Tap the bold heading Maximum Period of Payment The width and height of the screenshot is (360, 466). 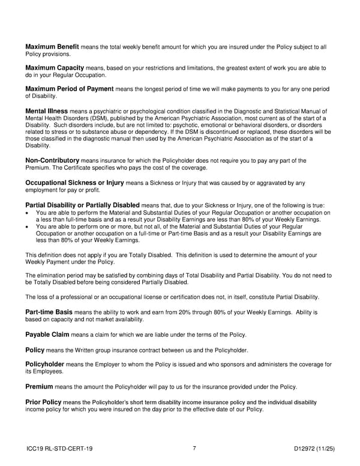[x=69, y=89]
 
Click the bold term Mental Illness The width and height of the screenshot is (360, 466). [x=47, y=111]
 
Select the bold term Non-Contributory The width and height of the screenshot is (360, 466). [x=52, y=160]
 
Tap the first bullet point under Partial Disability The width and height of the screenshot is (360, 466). [x=28, y=213]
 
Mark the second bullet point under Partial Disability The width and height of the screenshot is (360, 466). [x=28, y=227]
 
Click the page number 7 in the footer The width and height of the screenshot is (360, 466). [x=187, y=448]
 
